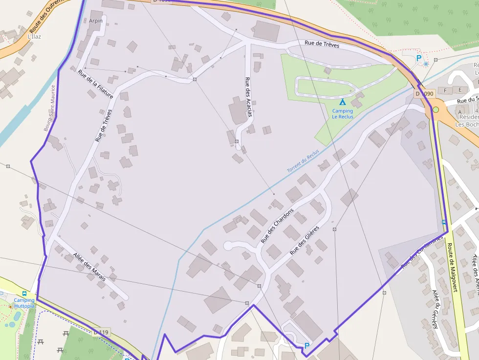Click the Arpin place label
pos(96,21)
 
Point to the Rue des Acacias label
pos(249,97)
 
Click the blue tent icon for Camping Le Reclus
pos(343,102)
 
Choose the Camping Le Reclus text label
pos(343,114)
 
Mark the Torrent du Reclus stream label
pos(303,161)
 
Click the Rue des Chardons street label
pos(277,226)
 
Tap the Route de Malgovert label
pos(451,266)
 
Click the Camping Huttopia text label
pos(24,303)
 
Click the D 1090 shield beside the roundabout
pos(424,93)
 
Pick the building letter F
pos(445,90)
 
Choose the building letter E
pos(459,90)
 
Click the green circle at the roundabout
pos(435,109)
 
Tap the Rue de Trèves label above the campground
pos(322,44)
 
